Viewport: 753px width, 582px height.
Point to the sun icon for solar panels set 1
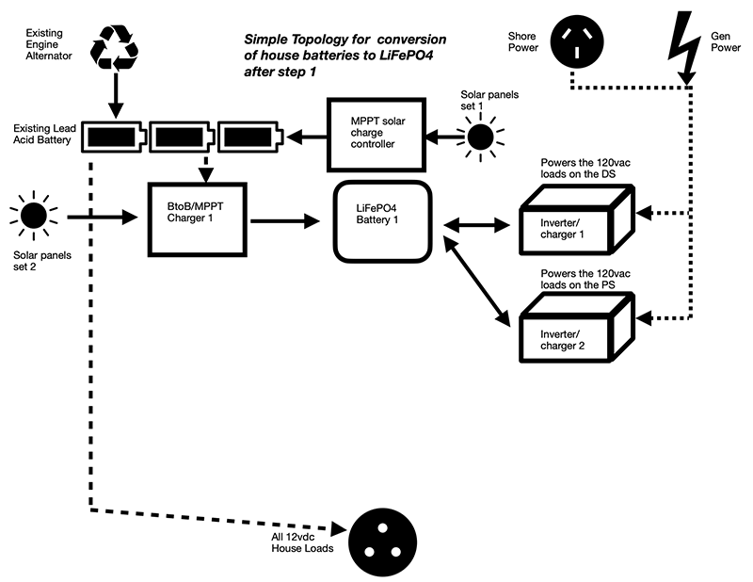tap(480, 137)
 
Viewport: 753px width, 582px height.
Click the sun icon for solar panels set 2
tap(33, 216)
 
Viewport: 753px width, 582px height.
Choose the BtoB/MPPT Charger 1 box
tap(198, 218)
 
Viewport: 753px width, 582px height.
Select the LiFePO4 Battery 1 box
tap(382, 223)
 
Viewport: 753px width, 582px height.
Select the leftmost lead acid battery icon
tap(114, 138)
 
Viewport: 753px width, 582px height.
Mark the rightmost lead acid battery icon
tap(248, 138)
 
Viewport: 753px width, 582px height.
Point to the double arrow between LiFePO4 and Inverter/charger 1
tap(475, 224)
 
